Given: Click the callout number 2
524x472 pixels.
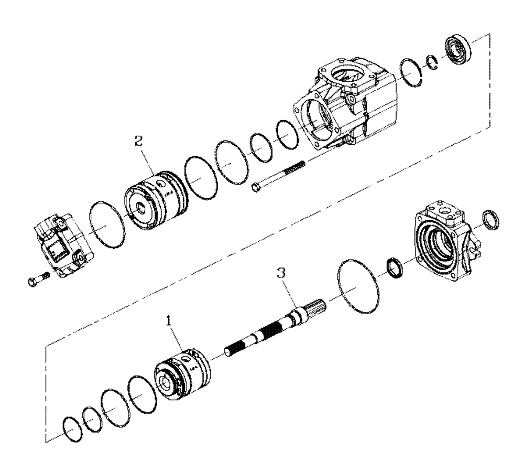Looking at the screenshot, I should (138, 142).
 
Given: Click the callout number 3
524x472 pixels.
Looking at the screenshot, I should (282, 274).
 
